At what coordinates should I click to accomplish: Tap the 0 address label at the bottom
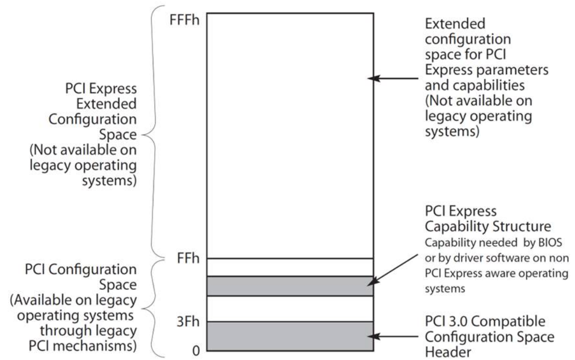[196, 350]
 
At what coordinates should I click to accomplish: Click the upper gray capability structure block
[290, 286]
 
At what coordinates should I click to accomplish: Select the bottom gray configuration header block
[290, 336]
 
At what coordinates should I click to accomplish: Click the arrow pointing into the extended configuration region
[394, 79]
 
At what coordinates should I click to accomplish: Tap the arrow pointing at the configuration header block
[394, 336]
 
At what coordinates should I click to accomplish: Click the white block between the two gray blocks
[290, 308]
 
